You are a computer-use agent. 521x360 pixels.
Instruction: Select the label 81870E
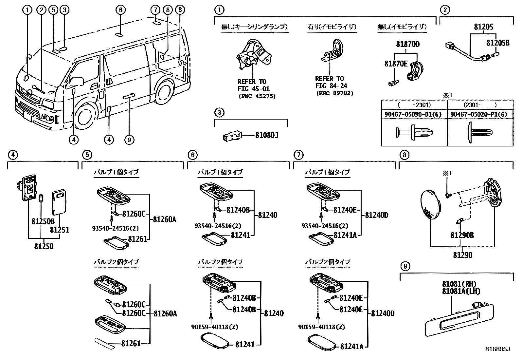click(396, 64)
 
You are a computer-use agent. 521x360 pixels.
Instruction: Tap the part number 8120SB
click(498, 43)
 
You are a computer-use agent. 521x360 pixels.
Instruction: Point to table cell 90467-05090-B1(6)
click(413, 115)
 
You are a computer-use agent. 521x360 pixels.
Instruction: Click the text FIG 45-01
click(254, 89)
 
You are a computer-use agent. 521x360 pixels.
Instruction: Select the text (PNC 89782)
click(334, 93)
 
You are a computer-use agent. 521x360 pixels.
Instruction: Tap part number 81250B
click(43, 221)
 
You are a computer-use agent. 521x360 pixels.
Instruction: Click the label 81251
click(60, 230)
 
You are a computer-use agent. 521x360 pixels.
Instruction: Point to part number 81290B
click(462, 236)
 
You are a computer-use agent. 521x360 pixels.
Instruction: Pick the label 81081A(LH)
click(461, 291)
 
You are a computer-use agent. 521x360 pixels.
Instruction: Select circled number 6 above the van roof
click(120, 10)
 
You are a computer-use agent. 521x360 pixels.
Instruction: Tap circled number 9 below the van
click(129, 140)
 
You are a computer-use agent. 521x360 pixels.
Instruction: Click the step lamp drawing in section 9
click(459, 319)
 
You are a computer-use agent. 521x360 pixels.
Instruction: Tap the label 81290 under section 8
click(463, 255)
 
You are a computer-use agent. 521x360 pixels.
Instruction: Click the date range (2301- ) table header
click(480, 105)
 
